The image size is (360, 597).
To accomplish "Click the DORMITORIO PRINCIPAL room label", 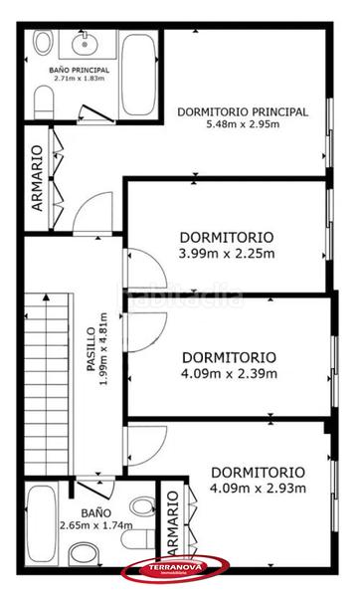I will tap(242, 111).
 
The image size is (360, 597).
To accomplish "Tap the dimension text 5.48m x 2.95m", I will tap(242, 125).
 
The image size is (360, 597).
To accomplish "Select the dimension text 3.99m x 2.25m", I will tap(227, 254).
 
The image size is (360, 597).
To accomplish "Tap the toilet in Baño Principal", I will tap(44, 99).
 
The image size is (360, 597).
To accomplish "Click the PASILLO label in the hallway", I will tap(91, 345).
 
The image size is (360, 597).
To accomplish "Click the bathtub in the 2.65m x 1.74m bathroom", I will tap(44, 523).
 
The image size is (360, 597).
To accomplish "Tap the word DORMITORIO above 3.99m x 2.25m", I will tap(227, 238).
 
